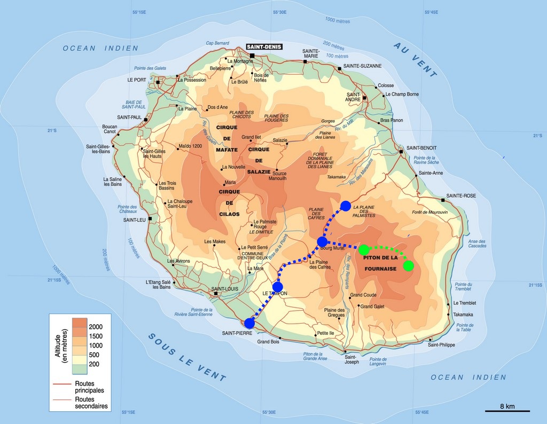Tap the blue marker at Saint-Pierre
249,323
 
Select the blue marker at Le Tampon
277,287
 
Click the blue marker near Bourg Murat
322,242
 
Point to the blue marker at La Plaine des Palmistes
345,206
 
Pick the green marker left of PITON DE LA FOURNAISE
364,249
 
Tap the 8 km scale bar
507,411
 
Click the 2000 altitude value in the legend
96,326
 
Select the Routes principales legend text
89,387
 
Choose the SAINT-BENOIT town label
421,148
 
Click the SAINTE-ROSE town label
461,196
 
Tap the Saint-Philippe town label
441,344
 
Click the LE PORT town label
136,80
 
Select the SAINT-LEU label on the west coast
135,219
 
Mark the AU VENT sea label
415,59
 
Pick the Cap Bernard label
217,43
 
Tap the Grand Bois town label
268,341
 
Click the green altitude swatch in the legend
80,368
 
